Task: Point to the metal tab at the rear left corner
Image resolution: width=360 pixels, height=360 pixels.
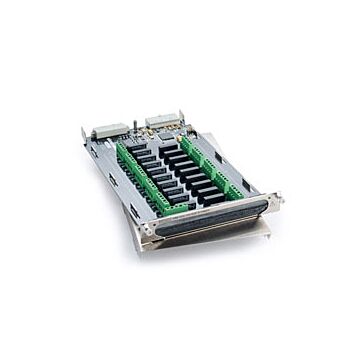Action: pyautogui.click(x=88, y=131)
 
